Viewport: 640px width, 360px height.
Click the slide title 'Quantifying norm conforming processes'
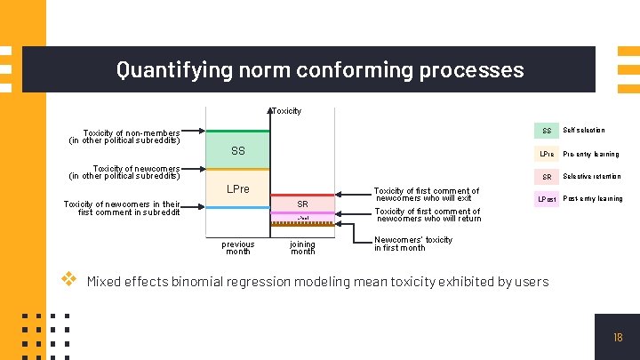320,69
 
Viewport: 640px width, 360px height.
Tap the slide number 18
618,338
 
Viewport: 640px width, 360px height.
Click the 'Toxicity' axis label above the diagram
286,111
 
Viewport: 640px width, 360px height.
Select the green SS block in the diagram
237,150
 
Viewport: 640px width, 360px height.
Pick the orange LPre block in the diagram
237,188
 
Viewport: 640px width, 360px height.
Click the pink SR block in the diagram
302,204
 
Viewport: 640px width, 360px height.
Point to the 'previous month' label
237,247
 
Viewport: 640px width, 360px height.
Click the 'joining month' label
302,247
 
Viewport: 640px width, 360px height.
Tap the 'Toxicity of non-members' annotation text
124,137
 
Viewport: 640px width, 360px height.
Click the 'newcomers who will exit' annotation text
426,195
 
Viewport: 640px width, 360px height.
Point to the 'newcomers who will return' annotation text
428,215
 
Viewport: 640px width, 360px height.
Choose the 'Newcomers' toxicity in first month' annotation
413,244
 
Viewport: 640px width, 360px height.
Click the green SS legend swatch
547,131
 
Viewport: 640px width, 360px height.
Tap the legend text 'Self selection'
583,131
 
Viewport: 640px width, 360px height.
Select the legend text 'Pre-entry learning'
591,154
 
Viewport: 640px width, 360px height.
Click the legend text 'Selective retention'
592,176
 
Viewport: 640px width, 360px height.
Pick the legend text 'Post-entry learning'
593,199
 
